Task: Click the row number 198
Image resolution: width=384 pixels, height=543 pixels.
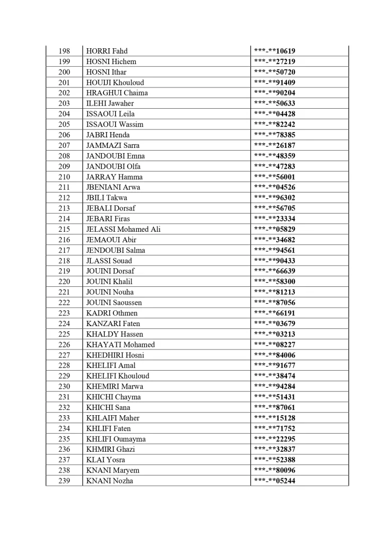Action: [64, 51]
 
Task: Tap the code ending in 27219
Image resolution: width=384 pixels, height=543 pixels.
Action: [275, 62]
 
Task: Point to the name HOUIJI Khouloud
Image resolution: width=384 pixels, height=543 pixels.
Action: [115, 82]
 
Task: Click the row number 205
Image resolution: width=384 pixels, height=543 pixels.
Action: [64, 124]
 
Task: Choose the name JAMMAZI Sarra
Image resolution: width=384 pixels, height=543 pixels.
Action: [112, 145]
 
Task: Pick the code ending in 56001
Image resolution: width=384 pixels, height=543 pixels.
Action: [275, 177]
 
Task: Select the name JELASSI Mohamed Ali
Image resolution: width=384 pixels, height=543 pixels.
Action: [123, 229]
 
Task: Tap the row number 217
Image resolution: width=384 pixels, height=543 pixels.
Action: [64, 250]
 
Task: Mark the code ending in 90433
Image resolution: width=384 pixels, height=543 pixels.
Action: [275, 260]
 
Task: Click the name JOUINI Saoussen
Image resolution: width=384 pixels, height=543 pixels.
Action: [114, 302]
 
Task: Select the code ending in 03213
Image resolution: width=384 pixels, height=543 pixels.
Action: [275, 334]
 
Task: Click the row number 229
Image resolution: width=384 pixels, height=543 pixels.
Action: [64, 376]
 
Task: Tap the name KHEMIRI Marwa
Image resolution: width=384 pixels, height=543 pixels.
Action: [115, 386]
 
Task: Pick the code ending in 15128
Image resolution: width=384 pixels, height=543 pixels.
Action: [275, 418]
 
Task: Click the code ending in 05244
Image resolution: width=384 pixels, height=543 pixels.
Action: [275, 481]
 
